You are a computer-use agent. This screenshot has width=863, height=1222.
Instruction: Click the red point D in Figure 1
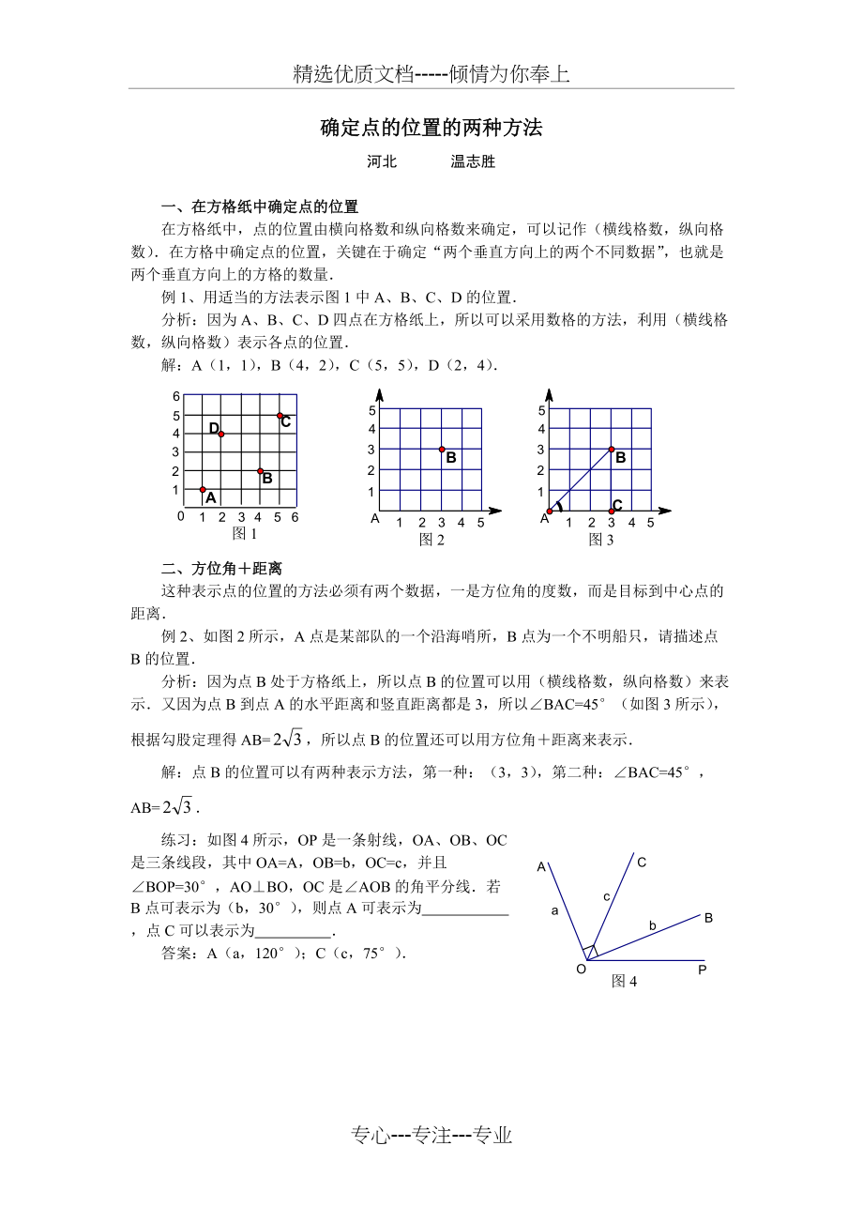(221, 434)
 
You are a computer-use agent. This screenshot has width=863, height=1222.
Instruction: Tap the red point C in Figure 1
(280, 415)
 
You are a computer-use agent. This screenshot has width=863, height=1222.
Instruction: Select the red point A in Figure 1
(203, 489)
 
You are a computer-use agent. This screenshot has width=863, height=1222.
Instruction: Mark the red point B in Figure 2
(442, 450)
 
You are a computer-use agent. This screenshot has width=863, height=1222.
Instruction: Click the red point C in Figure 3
(612, 512)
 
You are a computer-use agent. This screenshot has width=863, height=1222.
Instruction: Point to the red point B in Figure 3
(612, 450)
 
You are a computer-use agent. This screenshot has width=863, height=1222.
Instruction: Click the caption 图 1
(244, 533)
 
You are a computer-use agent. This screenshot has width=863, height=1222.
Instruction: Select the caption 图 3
(600, 539)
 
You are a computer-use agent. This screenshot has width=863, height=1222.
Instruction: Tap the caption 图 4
(624, 981)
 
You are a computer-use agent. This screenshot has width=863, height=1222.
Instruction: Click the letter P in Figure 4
(702, 970)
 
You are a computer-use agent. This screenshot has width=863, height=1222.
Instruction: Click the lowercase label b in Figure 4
(653, 926)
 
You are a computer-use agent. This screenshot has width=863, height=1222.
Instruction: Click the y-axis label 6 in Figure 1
(175, 396)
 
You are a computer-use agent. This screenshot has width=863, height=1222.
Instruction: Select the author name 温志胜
(473, 161)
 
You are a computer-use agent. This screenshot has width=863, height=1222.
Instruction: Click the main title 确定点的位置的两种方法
(431, 128)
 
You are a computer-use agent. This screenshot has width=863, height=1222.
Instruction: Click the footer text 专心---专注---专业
(431, 1136)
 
